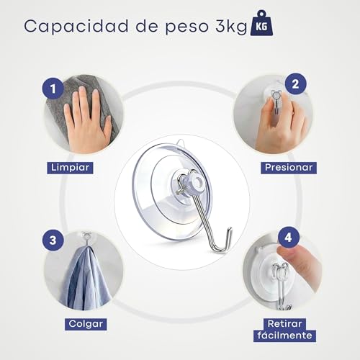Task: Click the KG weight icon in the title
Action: click(261, 23)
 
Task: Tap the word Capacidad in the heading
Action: click(76, 26)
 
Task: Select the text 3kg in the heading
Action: click(231, 27)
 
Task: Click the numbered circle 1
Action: click(53, 88)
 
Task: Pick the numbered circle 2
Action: click(295, 84)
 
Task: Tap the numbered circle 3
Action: click(53, 240)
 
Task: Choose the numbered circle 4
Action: click(289, 238)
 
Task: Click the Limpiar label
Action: click(70, 168)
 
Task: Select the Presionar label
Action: click(289, 168)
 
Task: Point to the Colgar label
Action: click(86, 324)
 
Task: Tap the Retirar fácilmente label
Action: click(284, 330)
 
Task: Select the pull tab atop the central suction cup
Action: click(181, 143)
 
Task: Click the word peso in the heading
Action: click(187, 27)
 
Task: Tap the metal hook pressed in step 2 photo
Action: click(276, 102)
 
